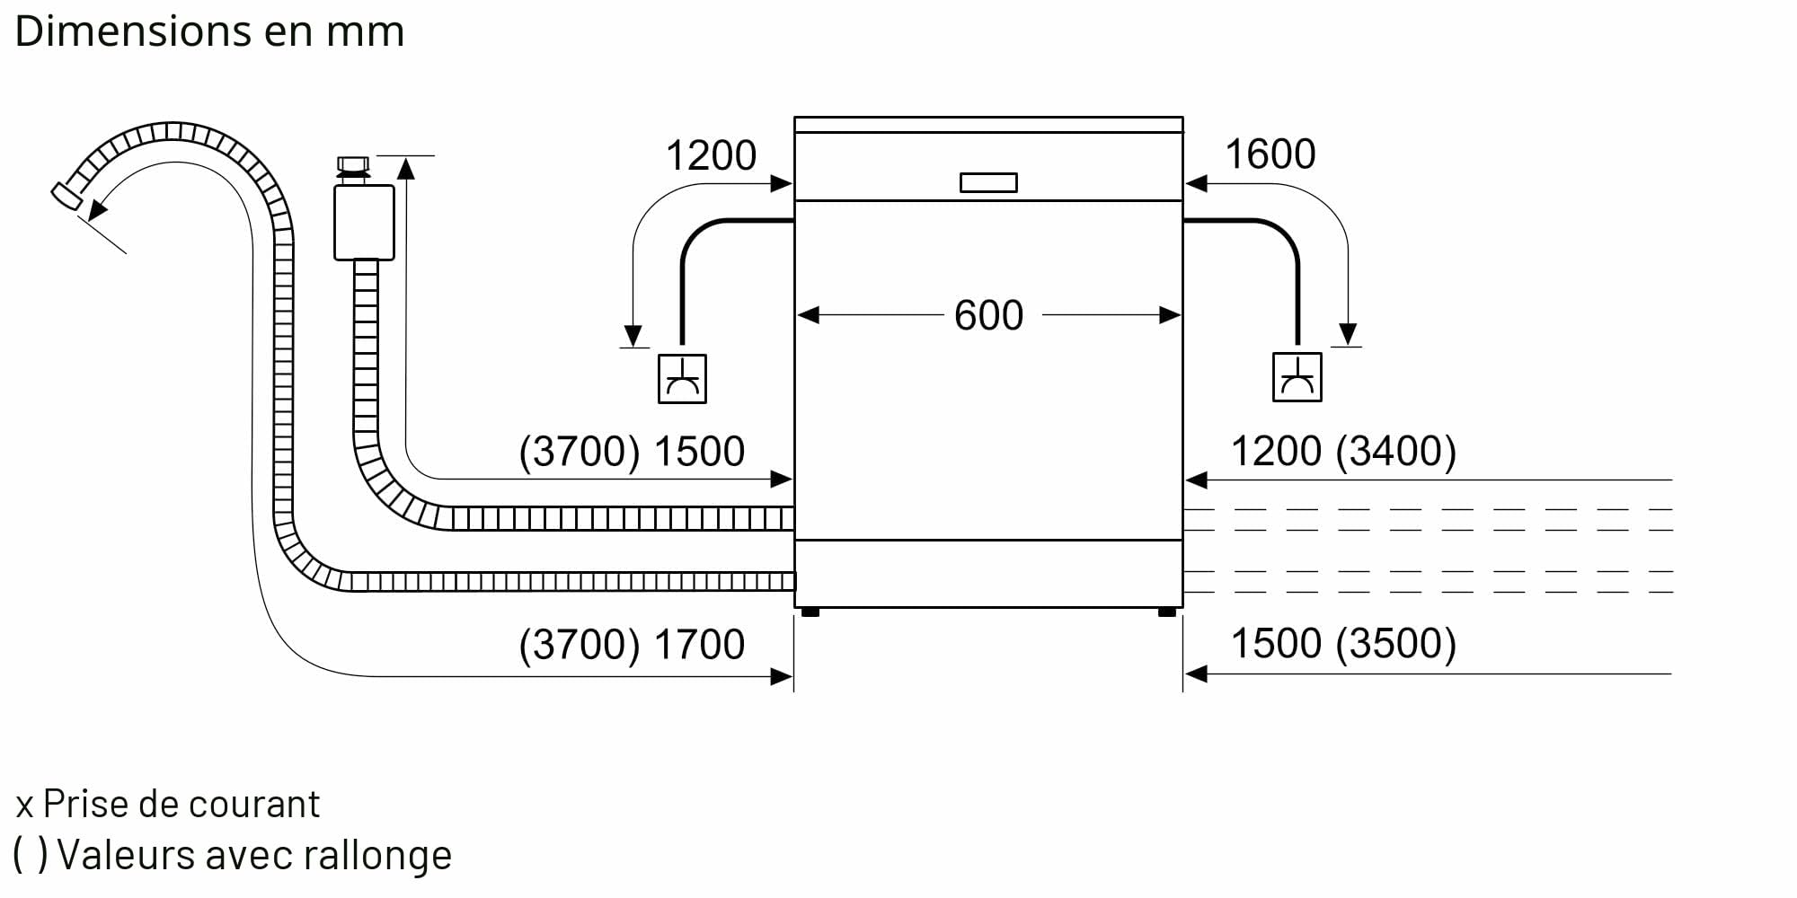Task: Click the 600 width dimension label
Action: [x=988, y=315]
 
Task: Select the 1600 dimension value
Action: [x=1270, y=154]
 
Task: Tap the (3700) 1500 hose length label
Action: [x=632, y=451]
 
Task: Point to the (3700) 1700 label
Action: [x=632, y=644]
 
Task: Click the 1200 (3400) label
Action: [x=1343, y=451]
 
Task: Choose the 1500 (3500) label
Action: [x=1343, y=643]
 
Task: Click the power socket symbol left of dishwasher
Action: [x=682, y=378]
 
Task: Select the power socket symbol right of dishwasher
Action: [x=1297, y=376]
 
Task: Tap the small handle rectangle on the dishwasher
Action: [x=988, y=182]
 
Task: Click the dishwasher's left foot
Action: [x=810, y=612]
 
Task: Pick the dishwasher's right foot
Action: [x=1167, y=612]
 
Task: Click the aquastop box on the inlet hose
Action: [x=364, y=223]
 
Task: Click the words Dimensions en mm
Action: [x=209, y=31]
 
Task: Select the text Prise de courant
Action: [x=181, y=804]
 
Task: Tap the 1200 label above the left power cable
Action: [x=711, y=155]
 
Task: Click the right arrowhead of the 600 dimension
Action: [x=1170, y=315]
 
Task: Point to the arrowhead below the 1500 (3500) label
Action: [x=1196, y=673]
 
